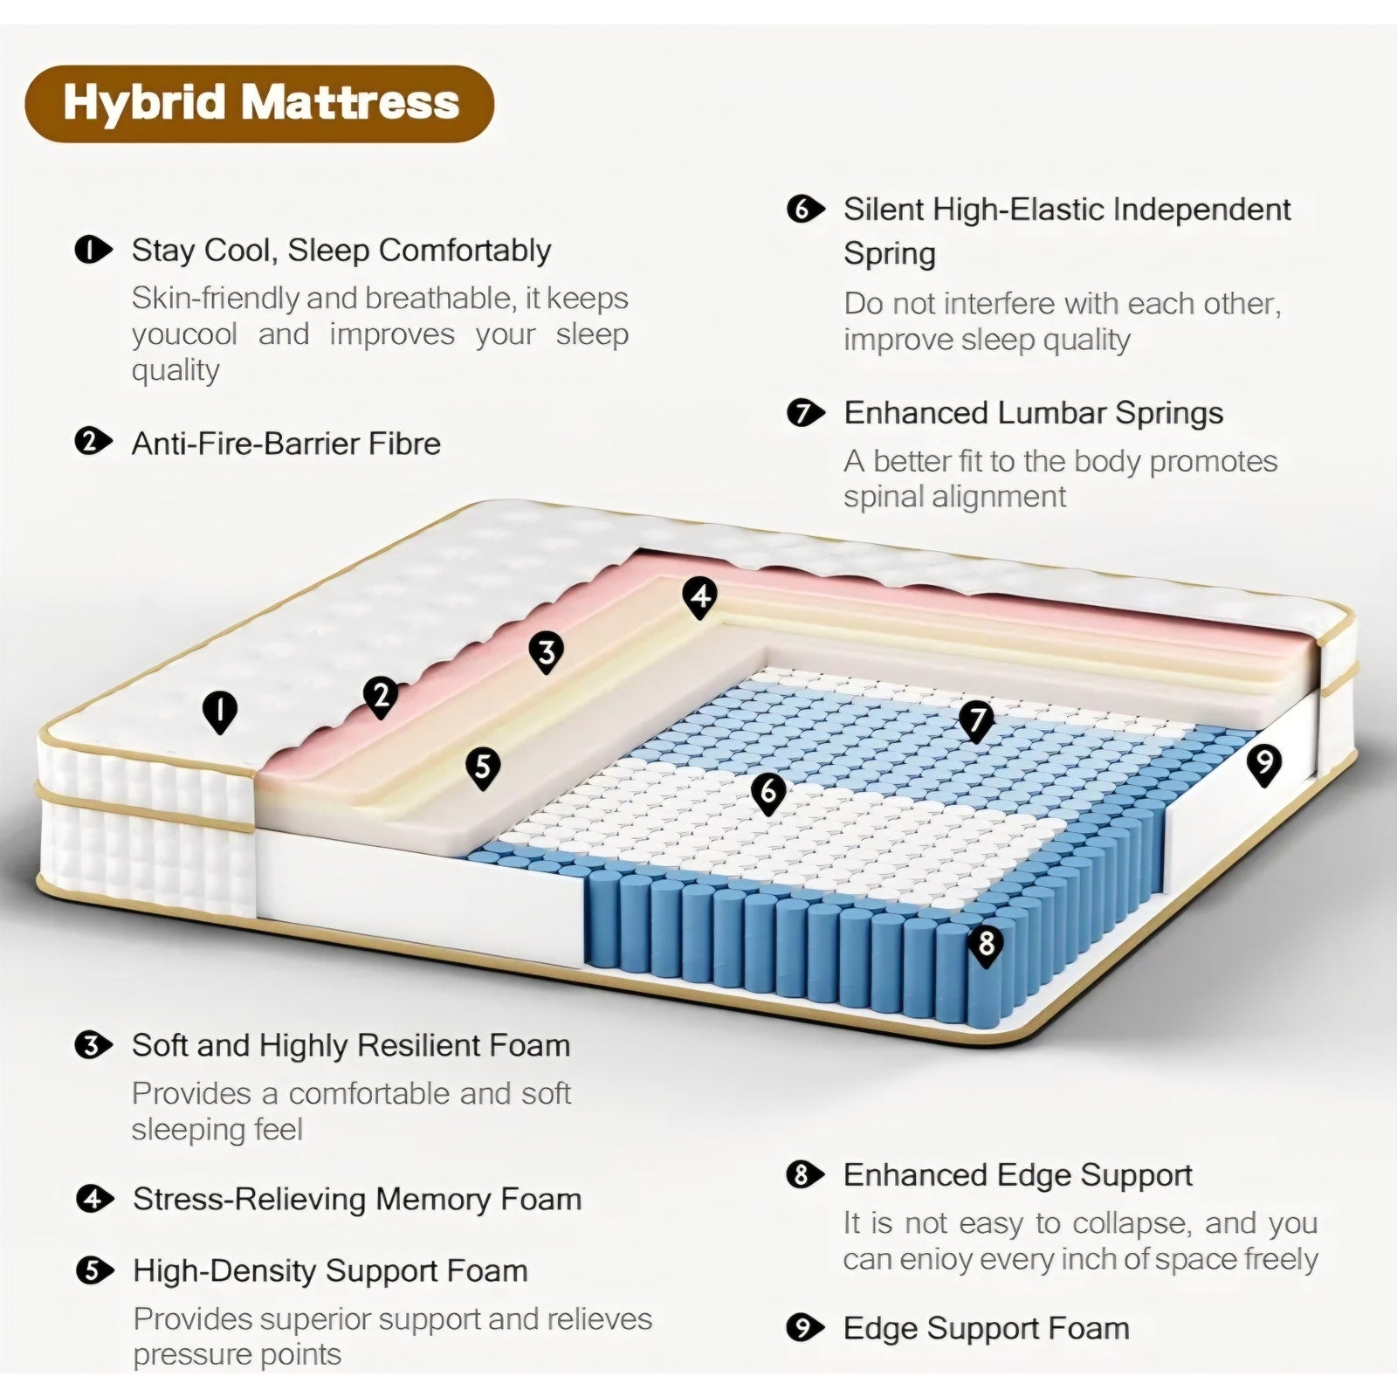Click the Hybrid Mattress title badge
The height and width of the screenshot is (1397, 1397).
[259, 103]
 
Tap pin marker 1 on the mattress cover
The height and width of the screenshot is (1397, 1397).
[220, 712]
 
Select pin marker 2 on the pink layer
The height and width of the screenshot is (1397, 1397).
[381, 698]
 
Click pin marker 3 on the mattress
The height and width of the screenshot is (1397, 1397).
[547, 652]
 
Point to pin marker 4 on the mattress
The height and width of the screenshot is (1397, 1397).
[699, 598]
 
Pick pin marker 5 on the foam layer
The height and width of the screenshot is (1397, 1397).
[483, 768]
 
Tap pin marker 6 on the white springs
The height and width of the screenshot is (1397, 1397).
[768, 793]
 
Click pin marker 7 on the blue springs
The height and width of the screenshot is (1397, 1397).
[976, 721]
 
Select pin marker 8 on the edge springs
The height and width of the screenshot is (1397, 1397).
[987, 946]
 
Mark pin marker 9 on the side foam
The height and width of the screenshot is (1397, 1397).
[1263, 765]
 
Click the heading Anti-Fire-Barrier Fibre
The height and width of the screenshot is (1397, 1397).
[286, 444]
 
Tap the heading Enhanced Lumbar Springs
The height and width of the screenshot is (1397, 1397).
[1034, 413]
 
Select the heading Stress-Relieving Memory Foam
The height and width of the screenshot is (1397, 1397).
[357, 1200]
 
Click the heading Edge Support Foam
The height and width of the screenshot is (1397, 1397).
[987, 1329]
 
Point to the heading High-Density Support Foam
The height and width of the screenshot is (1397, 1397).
[330, 1271]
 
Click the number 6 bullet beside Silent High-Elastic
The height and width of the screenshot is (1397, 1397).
[805, 210]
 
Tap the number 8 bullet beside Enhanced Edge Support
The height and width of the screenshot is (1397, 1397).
[805, 1175]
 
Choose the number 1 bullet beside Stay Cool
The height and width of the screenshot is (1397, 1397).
[93, 251]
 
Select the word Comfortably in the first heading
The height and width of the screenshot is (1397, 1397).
[465, 251]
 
